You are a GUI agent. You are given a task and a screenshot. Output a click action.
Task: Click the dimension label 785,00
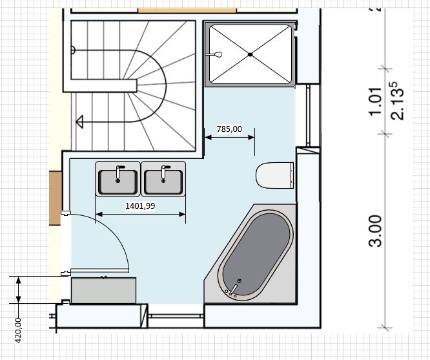(229, 129)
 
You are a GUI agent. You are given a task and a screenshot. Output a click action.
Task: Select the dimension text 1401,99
(140, 206)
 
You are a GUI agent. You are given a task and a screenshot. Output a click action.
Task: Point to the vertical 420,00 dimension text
(18, 330)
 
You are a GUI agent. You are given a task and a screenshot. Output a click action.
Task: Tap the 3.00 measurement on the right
(375, 231)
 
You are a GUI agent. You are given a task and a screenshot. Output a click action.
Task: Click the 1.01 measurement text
(375, 102)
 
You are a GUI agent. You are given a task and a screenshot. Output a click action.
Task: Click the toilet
(275, 175)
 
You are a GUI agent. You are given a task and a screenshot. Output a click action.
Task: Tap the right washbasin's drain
(163, 181)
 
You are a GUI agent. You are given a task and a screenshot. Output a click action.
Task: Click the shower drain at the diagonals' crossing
(250, 55)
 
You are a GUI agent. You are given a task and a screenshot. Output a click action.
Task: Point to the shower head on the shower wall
(218, 54)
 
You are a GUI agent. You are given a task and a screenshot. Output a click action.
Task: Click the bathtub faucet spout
(233, 290)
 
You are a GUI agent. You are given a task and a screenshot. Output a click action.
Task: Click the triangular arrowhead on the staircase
(79, 122)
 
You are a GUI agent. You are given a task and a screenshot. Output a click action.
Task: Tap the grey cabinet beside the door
(103, 291)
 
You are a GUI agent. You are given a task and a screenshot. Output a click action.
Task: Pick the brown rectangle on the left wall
(56, 198)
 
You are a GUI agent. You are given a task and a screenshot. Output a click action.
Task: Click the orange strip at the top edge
(187, 10)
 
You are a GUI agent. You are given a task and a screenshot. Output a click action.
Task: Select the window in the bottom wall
(176, 316)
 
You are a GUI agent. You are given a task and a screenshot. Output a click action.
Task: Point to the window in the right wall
(308, 115)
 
